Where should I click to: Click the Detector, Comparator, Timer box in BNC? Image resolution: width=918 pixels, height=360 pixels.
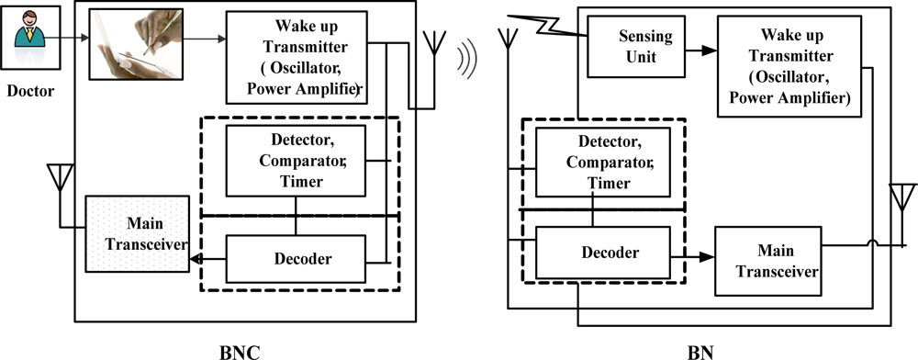[296, 157]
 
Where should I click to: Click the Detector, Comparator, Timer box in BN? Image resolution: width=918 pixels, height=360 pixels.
[597, 161]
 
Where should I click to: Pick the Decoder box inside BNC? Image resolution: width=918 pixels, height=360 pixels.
[296, 258]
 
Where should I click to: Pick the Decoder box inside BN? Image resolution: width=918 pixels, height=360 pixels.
[598, 252]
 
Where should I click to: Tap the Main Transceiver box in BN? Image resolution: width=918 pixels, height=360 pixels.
[768, 260]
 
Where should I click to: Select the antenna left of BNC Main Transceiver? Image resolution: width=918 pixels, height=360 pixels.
[60, 179]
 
